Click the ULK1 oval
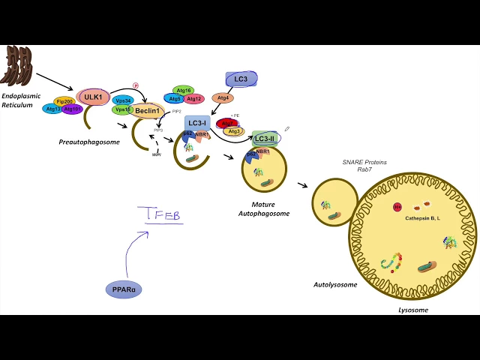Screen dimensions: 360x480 coord(93,96)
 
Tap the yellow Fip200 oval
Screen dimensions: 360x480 coord(64,101)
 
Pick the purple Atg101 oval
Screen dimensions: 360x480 coord(73,109)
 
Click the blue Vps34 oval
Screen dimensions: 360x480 coord(123,100)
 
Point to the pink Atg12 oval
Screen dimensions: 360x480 coord(193,99)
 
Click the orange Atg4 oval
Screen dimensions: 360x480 coord(223,97)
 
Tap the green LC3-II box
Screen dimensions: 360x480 coord(265,139)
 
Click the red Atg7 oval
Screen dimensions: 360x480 coord(226,123)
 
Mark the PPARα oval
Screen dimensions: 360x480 coord(124,288)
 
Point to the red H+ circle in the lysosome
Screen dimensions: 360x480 coord(397,206)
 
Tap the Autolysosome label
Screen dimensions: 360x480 coord(334,285)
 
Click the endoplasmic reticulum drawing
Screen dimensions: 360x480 coord(19,65)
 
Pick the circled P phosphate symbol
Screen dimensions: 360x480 coord(136,85)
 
